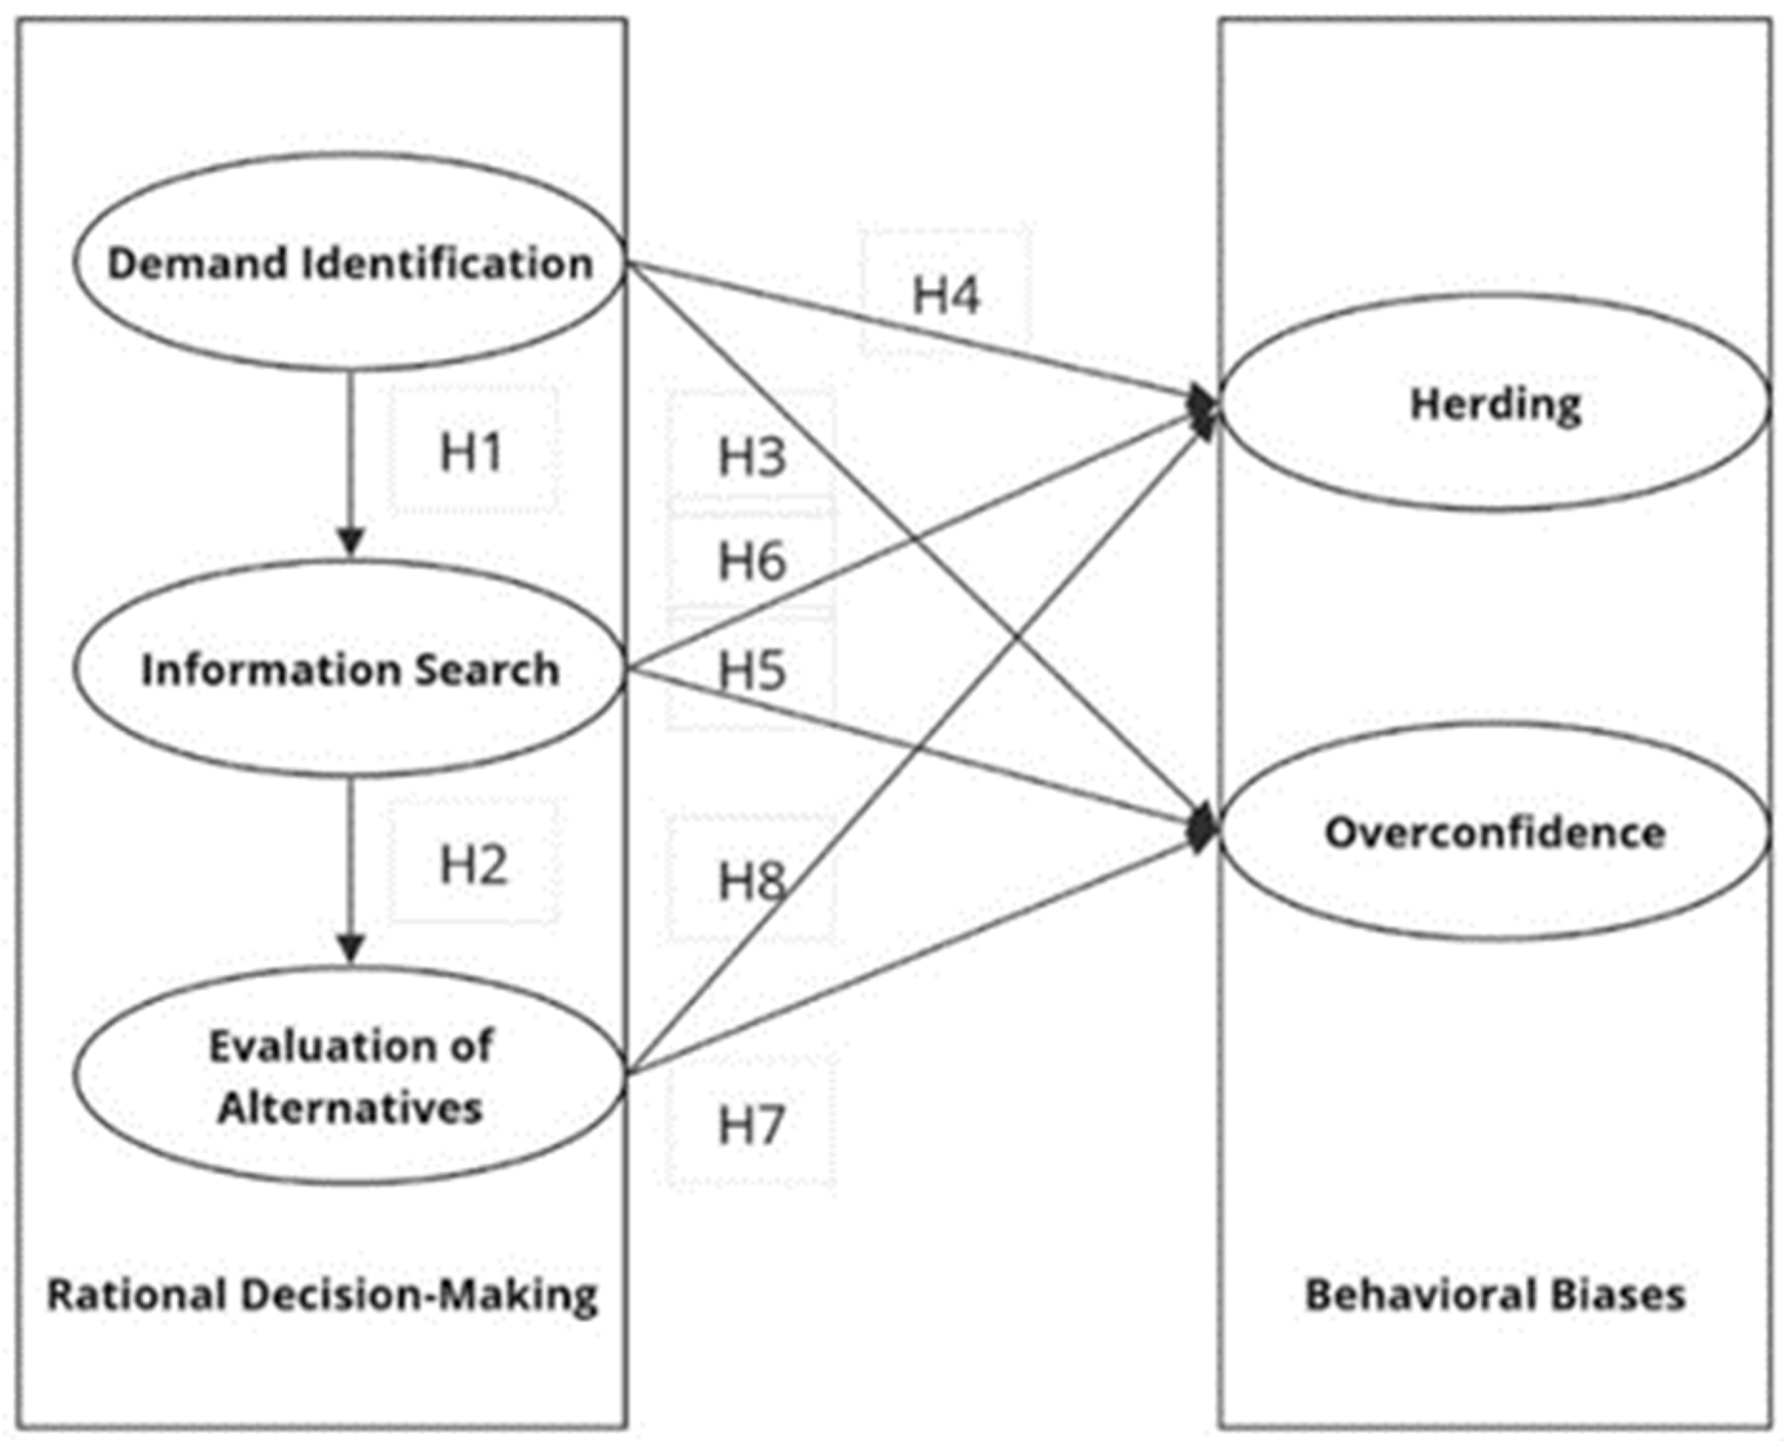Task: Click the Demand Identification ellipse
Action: tap(350, 262)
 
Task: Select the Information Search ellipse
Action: tap(350, 669)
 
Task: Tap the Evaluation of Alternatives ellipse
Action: tap(350, 1076)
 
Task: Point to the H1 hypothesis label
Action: tap(471, 452)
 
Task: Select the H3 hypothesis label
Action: tap(751, 457)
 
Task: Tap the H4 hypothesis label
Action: tap(947, 295)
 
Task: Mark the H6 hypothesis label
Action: tap(751, 560)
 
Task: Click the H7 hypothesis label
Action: tap(751, 1125)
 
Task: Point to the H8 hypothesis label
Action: tap(751, 881)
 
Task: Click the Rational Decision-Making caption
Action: tap(322, 1296)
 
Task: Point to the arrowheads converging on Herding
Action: tap(1203, 409)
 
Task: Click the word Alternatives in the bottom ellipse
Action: tap(350, 1108)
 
